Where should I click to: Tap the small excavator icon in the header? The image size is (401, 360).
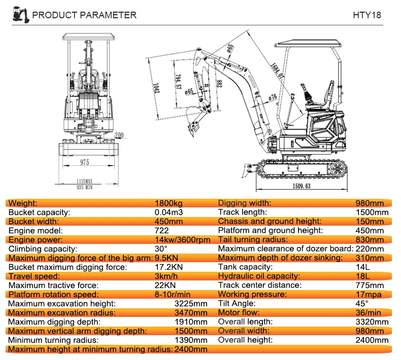pos(19,14)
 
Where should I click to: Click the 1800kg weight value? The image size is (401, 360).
pos(168,203)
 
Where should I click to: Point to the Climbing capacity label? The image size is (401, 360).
pos(43,248)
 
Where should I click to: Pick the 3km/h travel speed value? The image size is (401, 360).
pos(165,276)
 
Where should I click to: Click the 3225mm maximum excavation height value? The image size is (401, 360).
pos(190,303)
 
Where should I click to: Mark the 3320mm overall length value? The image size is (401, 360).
pos(373,321)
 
